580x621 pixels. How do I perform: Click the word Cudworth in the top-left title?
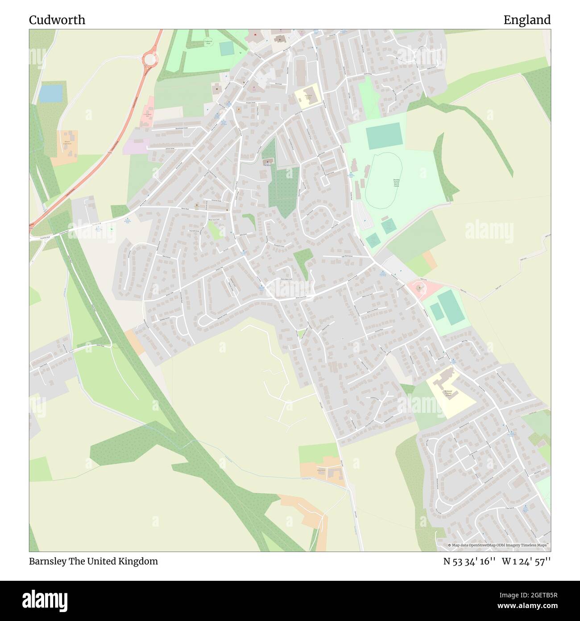click(x=57, y=20)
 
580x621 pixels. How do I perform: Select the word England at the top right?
click(x=527, y=20)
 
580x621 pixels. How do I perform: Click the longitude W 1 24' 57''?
click(x=526, y=561)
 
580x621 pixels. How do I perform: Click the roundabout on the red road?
click(x=149, y=59)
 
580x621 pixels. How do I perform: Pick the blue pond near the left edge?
click(x=50, y=93)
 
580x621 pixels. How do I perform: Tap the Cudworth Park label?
click(x=207, y=42)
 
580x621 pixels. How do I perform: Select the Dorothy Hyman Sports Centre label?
click(x=396, y=183)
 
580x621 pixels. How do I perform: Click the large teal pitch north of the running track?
click(x=385, y=138)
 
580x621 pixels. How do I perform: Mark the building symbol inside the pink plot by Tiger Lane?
click(x=418, y=288)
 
